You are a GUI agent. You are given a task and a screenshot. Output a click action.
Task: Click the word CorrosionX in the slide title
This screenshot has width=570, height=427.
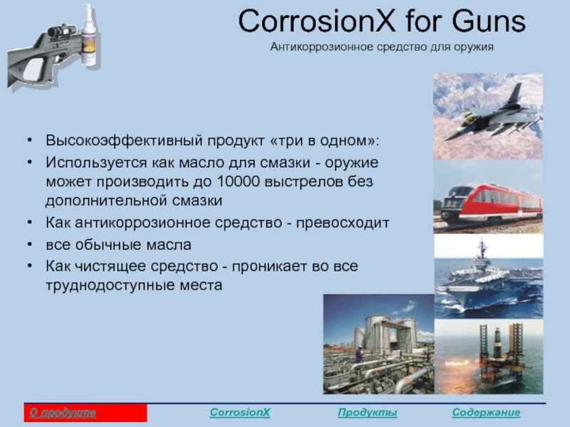(x=316, y=21)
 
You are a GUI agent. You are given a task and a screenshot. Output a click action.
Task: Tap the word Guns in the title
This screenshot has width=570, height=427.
(x=489, y=21)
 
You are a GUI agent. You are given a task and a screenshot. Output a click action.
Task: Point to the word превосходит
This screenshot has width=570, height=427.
(x=343, y=223)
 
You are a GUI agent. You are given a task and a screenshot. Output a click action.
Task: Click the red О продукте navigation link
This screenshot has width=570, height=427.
(x=63, y=413)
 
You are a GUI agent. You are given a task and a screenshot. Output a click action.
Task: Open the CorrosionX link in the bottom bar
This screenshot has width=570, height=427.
(x=240, y=413)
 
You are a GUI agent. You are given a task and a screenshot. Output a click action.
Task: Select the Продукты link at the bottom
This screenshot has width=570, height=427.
(x=367, y=413)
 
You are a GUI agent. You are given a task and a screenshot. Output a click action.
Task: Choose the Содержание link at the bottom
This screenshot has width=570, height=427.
(x=486, y=413)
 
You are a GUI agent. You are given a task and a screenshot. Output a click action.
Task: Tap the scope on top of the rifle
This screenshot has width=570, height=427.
(x=62, y=31)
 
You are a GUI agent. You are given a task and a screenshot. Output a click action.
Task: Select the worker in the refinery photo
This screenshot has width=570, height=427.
(x=359, y=354)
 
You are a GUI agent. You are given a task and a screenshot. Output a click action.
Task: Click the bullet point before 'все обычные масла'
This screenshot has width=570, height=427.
(x=30, y=244)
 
